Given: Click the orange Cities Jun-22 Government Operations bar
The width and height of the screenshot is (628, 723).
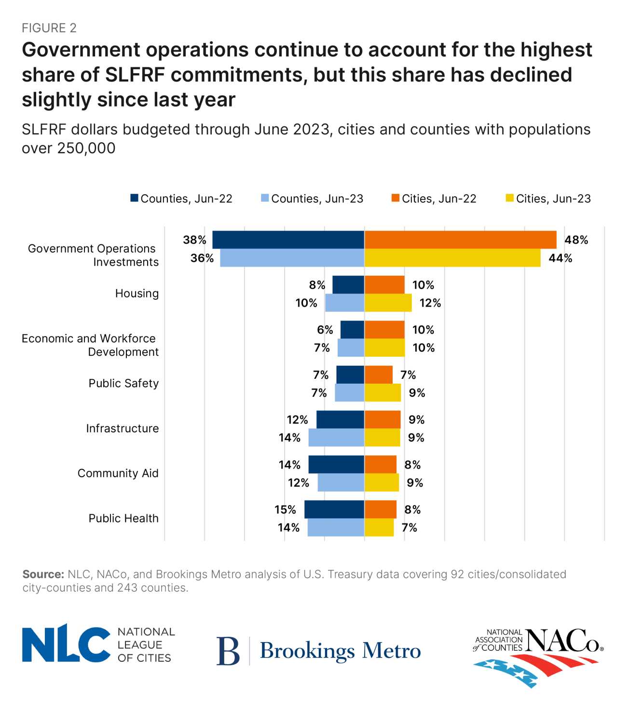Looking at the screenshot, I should click(460, 240).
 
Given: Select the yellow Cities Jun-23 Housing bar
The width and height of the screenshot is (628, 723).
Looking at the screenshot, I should click(388, 303).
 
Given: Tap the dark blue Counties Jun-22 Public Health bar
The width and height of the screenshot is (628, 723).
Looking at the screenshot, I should click(334, 509).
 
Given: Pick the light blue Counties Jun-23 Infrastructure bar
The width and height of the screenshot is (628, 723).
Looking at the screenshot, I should click(336, 437).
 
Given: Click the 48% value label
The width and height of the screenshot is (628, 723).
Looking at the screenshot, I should click(576, 240).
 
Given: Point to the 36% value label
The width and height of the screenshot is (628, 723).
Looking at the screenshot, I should click(202, 258).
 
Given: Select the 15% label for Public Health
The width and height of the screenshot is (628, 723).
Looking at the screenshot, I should click(285, 509).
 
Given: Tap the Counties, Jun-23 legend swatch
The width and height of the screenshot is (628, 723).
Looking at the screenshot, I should click(265, 198).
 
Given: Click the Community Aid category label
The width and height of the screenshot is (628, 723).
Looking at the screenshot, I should click(118, 473).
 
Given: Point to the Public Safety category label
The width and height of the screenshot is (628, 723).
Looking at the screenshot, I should click(123, 383).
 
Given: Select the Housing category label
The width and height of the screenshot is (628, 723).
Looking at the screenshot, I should click(137, 293).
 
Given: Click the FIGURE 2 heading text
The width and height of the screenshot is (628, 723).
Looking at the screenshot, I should click(49, 28).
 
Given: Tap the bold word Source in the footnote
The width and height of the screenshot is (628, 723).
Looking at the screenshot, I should click(43, 574).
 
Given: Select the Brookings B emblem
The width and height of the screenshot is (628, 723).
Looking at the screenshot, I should click(228, 651).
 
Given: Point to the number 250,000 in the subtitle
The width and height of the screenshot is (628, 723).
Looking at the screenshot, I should click(86, 148).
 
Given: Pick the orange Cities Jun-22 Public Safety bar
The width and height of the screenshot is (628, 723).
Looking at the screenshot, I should click(378, 375).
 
